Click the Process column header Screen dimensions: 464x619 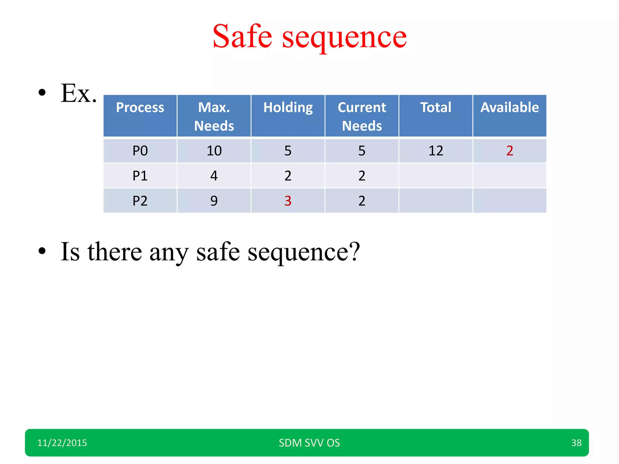pyautogui.click(x=140, y=108)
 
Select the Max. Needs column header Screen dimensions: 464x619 pyautogui.click(x=214, y=116)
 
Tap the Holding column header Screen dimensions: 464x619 pyautogui.click(x=288, y=108)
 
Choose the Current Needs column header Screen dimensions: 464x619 pyautogui.click(x=362, y=116)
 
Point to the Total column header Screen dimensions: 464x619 pyautogui.click(x=436, y=108)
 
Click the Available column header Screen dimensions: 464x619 pyautogui.click(x=510, y=108)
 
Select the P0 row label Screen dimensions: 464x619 pyautogui.click(x=140, y=151)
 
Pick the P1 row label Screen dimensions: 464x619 pyautogui.click(x=140, y=176)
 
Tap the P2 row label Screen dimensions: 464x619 pyautogui.click(x=140, y=201)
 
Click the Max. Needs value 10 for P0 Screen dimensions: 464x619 pyautogui.click(x=214, y=151)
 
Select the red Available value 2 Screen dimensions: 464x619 pyautogui.click(x=510, y=151)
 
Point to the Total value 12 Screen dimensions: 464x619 pyautogui.click(x=436, y=151)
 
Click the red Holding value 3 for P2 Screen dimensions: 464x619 pyautogui.click(x=288, y=201)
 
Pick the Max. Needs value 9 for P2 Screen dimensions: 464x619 pyautogui.click(x=214, y=201)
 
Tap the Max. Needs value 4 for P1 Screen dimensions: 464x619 pyautogui.click(x=214, y=176)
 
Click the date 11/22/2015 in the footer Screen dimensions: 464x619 pyautogui.click(x=62, y=443)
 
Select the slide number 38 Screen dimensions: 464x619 pyautogui.click(x=576, y=443)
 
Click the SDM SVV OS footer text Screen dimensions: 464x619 pyautogui.click(x=309, y=443)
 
